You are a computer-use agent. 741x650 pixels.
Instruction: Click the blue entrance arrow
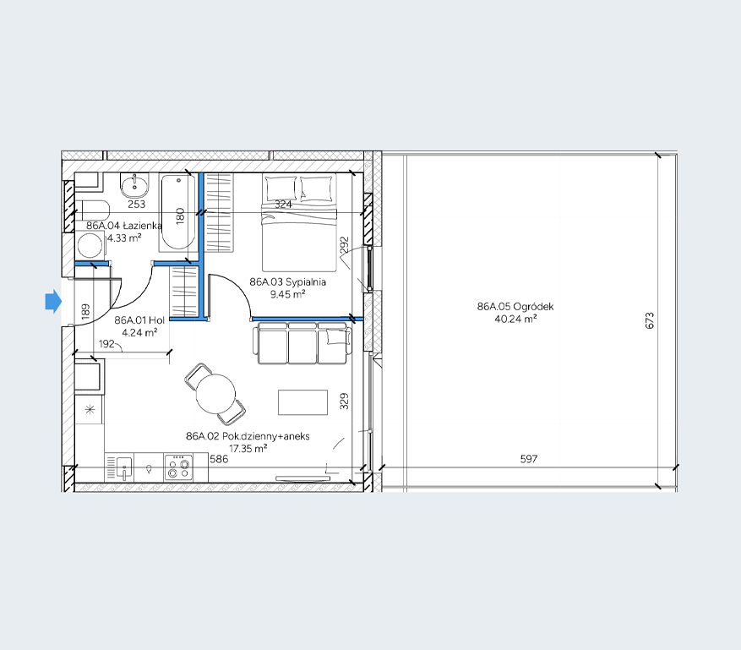click(x=53, y=302)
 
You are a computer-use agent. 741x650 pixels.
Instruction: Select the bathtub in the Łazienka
click(x=177, y=212)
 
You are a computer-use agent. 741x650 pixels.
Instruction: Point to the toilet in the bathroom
click(x=93, y=210)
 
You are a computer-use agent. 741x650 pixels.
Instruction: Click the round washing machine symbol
click(x=90, y=246)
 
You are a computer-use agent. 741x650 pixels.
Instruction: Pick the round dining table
click(x=215, y=393)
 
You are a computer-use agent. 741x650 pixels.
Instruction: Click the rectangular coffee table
click(x=303, y=402)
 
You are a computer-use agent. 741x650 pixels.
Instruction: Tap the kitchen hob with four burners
click(x=178, y=467)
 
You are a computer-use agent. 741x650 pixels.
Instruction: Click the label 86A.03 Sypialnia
click(x=288, y=282)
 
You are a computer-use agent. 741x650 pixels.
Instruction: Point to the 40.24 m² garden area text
click(x=515, y=320)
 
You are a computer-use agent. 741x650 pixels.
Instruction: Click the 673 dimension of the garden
click(x=650, y=320)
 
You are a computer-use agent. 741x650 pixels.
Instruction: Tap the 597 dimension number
click(x=529, y=458)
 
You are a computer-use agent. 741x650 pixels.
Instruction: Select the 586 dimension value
click(x=220, y=459)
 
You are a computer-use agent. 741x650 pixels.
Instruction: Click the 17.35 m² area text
click(x=248, y=449)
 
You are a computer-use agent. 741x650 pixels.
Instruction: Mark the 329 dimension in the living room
click(x=345, y=401)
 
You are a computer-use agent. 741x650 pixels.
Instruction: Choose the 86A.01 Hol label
click(x=139, y=320)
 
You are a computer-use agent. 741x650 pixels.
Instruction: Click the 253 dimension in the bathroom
click(x=137, y=205)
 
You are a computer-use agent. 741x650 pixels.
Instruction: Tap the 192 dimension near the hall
click(x=106, y=344)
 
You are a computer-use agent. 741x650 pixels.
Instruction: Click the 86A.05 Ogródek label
click(x=515, y=306)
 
